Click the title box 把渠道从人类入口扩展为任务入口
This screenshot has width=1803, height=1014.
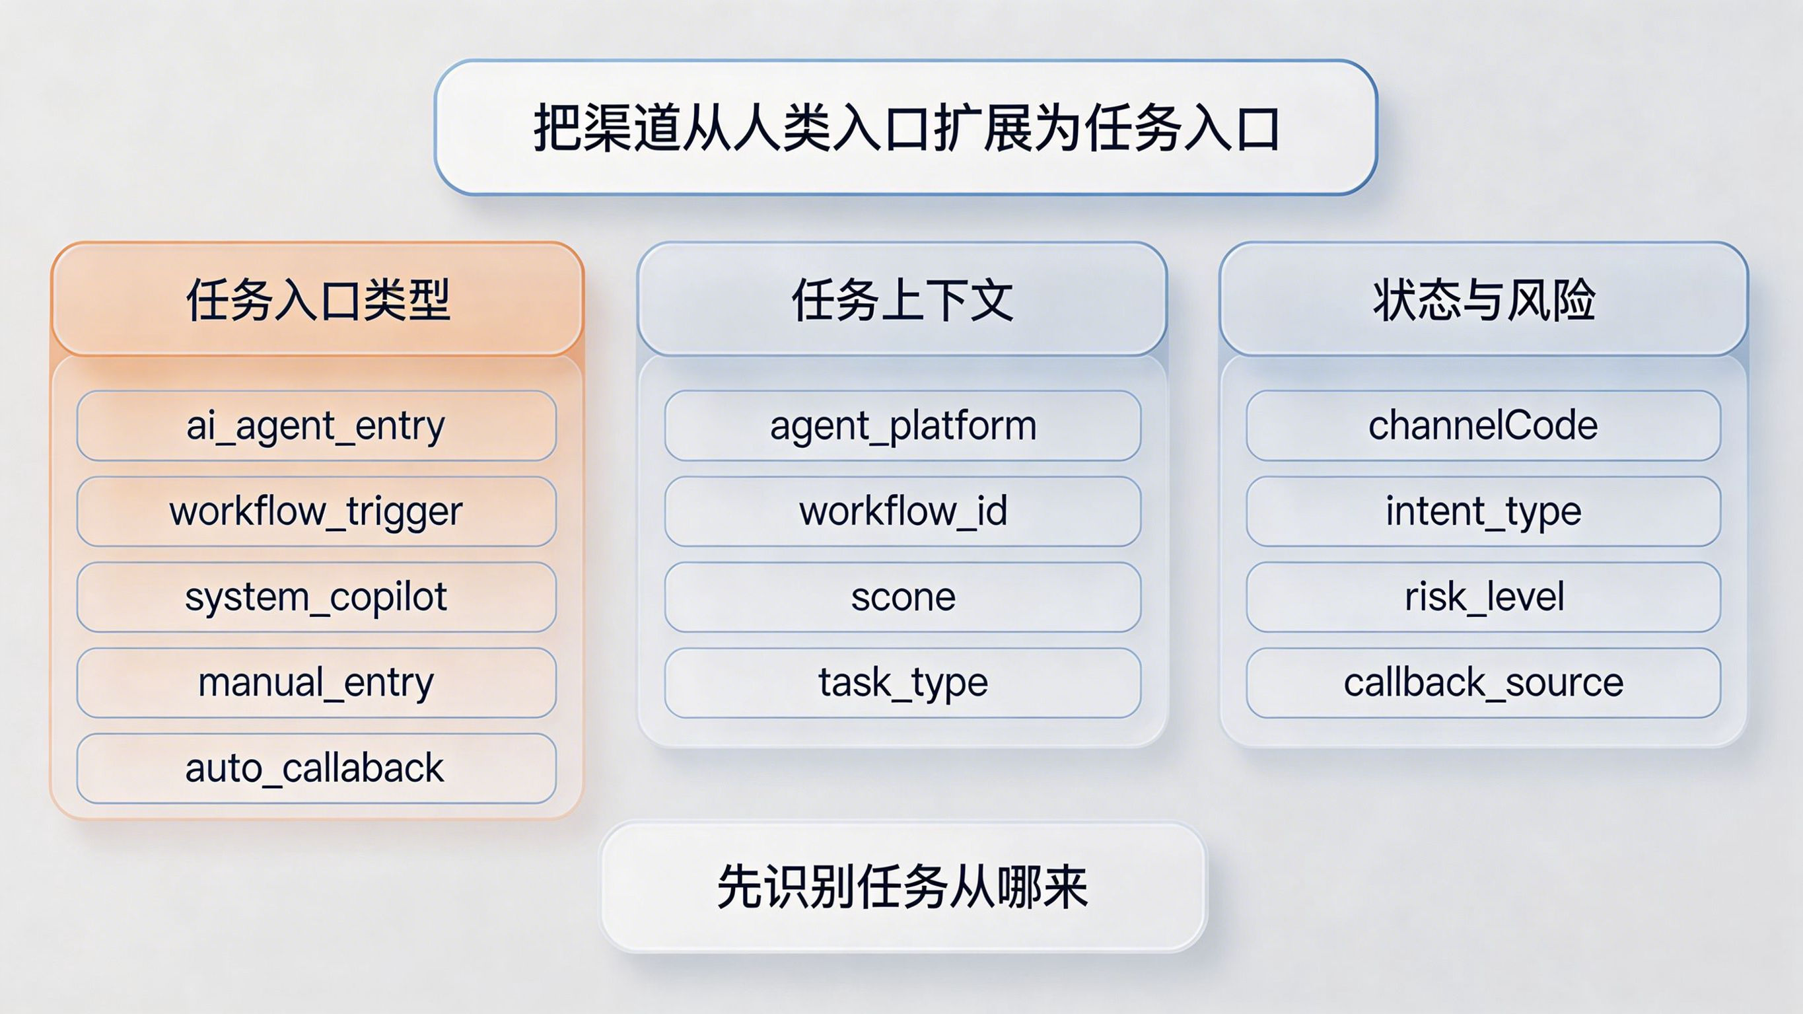(905, 127)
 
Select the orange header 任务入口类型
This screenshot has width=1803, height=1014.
(317, 299)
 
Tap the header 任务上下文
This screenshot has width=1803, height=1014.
(902, 299)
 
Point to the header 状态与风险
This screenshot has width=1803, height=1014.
(1484, 299)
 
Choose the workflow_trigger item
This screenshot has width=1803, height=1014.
(316, 511)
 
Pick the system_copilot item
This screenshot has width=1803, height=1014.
(316, 597)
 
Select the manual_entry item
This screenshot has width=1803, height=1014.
(316, 683)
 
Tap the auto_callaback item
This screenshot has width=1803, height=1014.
(316, 768)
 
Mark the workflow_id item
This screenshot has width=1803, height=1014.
(903, 511)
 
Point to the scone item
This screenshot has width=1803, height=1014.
(903, 597)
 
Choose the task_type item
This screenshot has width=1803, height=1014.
(903, 683)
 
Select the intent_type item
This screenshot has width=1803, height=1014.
(1483, 511)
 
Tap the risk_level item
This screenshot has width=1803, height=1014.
(1483, 597)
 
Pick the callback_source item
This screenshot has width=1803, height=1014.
(1483, 683)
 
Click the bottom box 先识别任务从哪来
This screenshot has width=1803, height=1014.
(903, 887)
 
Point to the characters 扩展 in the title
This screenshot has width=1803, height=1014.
(982, 128)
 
